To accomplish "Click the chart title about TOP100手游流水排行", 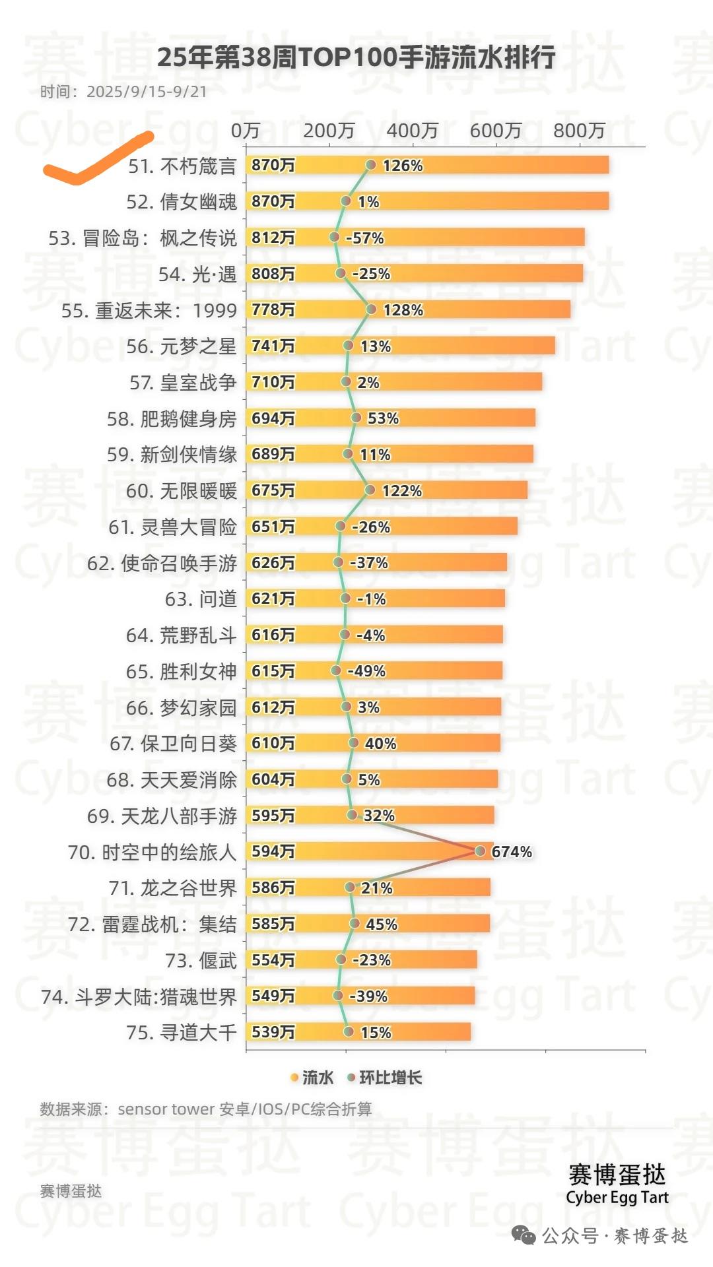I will (x=356, y=58).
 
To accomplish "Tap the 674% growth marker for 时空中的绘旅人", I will (x=480, y=851).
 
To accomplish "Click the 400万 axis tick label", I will (x=412, y=131).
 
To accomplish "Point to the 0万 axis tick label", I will (x=246, y=131).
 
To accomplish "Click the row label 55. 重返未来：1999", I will (x=149, y=310).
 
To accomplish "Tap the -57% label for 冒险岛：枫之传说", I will (x=364, y=238).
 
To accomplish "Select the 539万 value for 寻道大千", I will (x=273, y=1032).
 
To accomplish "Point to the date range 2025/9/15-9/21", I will (x=147, y=92).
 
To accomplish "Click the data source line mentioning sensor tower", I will (x=206, y=1109).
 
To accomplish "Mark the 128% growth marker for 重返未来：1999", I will (x=371, y=309).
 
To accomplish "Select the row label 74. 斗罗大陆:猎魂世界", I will (x=139, y=996).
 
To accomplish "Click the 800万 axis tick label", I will (x=579, y=131).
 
